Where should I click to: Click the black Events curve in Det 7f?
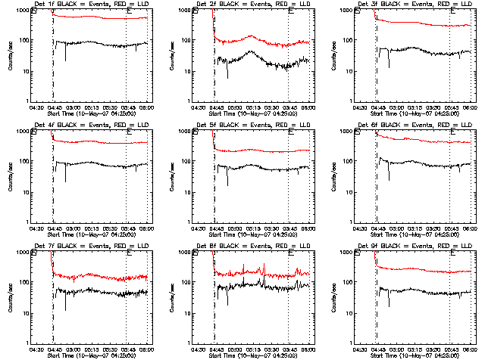99,290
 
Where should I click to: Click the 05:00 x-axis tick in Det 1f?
73,107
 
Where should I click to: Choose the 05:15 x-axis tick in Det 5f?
253,228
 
